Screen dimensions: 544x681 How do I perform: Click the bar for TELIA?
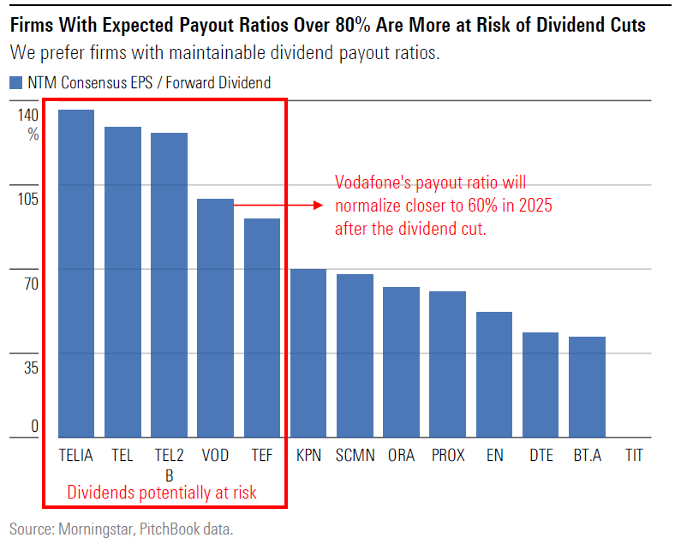76,273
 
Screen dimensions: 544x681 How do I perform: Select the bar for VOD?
215,318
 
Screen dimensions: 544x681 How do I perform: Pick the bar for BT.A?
587,386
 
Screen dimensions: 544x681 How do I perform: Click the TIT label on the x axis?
634,455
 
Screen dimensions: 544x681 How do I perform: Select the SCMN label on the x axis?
355,455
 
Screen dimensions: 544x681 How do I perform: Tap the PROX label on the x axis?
448,455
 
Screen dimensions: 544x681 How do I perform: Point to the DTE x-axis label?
541,455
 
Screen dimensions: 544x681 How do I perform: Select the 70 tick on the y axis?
30,284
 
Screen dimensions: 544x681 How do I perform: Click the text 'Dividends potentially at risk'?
162,493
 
